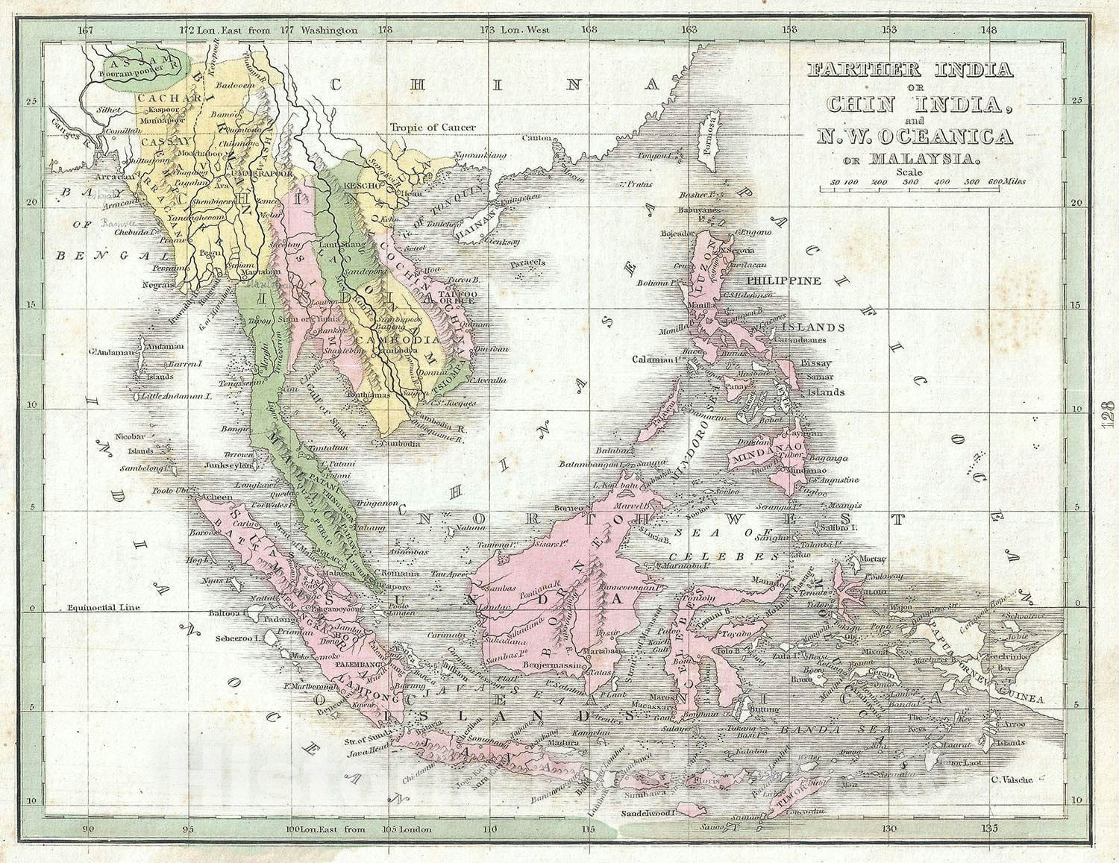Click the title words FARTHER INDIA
pos(910,70)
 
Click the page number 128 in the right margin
pos(1106,412)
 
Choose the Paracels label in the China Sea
pos(528,263)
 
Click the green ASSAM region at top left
pos(142,67)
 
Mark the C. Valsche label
pos(1012,779)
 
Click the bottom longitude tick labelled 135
pos(990,829)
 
